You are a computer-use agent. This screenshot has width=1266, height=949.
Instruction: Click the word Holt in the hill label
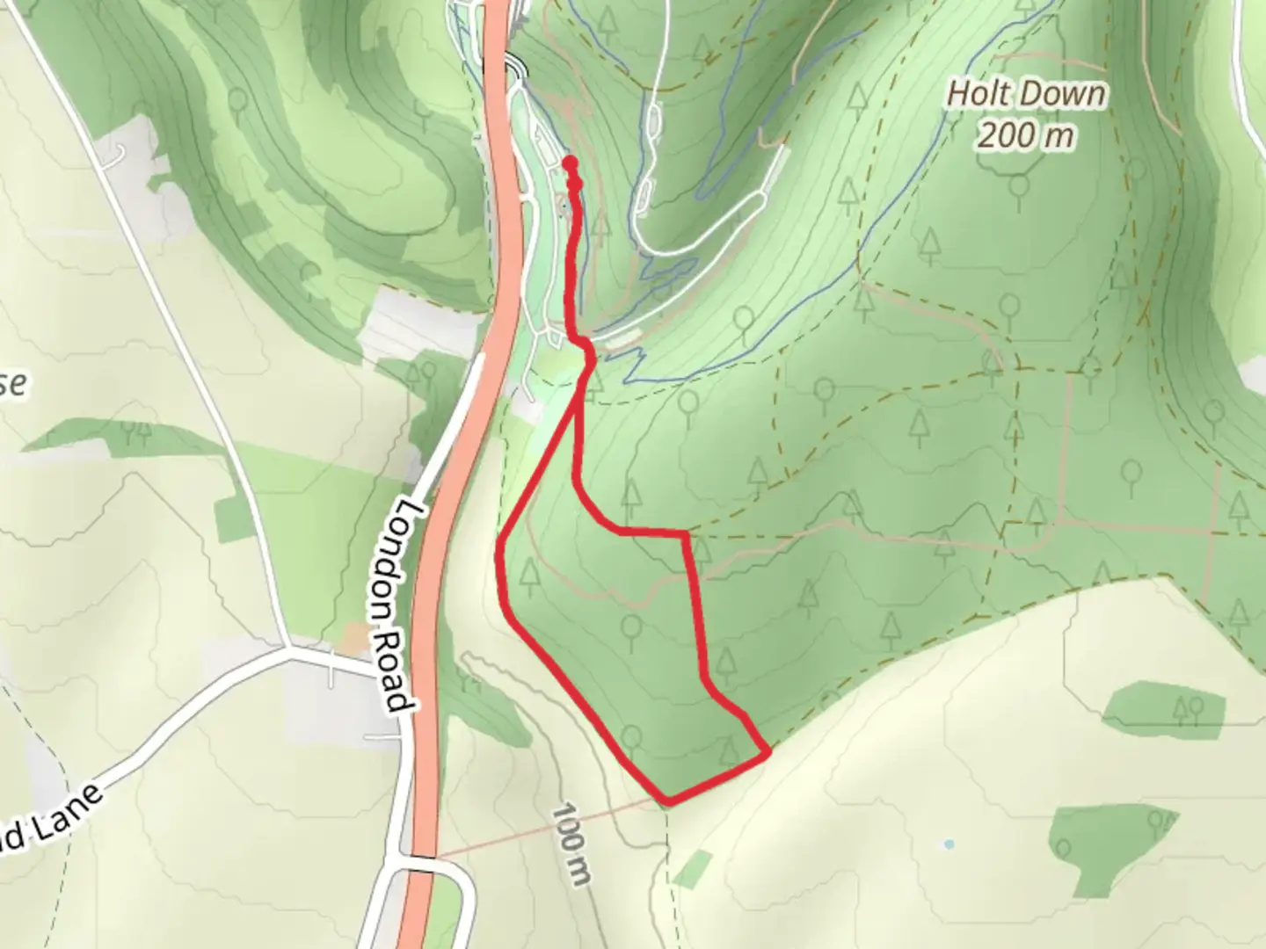[979, 94]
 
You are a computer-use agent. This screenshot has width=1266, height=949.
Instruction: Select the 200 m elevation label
[1025, 135]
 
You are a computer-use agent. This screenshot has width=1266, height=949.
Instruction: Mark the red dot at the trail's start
[570, 163]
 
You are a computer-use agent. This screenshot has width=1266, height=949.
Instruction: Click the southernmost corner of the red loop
[669, 800]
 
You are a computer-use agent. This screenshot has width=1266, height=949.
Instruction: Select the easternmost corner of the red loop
[769, 751]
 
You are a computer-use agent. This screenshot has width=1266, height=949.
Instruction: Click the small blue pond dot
[949, 844]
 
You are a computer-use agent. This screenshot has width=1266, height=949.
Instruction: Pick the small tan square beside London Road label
[356, 639]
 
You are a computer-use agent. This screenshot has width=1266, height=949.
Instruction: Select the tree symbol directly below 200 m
[1019, 186]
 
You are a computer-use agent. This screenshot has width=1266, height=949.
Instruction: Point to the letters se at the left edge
[13, 385]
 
